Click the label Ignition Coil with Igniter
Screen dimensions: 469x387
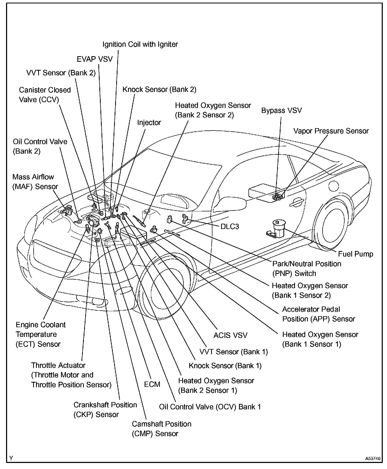140,44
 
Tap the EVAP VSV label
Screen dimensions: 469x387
95,59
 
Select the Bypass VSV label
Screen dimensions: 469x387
281,111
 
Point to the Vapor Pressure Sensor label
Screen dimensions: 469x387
331,131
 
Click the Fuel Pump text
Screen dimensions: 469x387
355,254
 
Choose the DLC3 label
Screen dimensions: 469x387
230,226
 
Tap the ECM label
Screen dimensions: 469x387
152,384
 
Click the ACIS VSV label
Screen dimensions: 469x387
230,335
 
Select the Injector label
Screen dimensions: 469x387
149,123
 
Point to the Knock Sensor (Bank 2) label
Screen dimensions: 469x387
159,90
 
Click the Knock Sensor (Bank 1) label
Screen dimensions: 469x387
225,366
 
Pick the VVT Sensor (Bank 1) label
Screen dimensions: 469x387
233,352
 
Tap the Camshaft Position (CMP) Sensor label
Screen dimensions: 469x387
161,429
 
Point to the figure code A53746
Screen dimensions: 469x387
373,458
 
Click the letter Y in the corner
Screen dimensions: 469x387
11,458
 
